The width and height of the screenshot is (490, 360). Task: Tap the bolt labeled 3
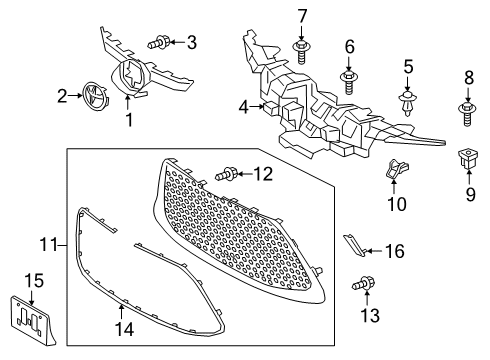point(160,42)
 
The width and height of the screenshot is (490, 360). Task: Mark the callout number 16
point(394,251)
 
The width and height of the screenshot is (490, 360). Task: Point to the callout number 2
point(62,96)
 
